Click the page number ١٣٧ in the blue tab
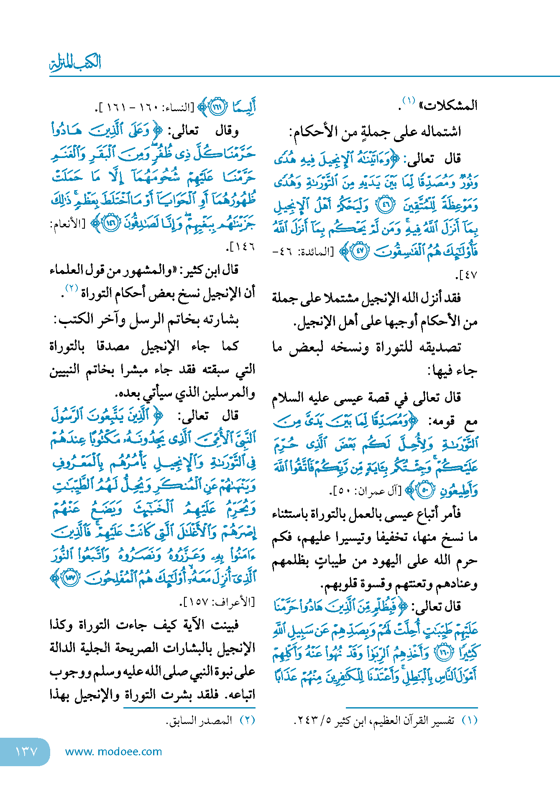(x=26, y=752)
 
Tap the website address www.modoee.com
(x=113, y=752)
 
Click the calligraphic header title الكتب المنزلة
(x=76, y=63)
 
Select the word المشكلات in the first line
(x=450, y=106)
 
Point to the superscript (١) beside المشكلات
(x=408, y=101)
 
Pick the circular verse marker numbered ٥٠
(x=425, y=491)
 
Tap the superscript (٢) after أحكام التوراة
(x=72, y=288)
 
